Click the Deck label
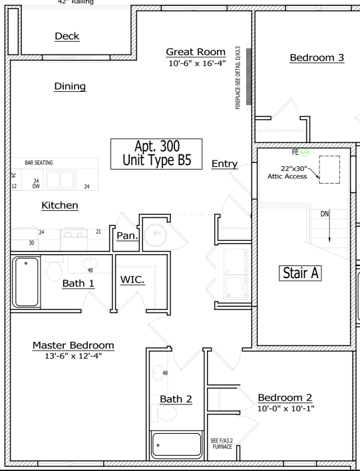(67, 36)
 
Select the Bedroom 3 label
(317, 57)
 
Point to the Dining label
(70, 86)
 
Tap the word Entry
(224, 164)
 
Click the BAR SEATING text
(39, 162)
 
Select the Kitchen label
(60, 206)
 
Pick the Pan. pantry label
(126, 235)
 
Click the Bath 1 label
(79, 284)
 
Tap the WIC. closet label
(132, 279)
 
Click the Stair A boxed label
(299, 272)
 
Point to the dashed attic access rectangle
(329, 169)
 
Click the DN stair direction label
(325, 214)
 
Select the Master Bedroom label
(73, 345)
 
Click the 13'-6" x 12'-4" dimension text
(73, 356)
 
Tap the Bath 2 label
(176, 399)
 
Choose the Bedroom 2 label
(285, 397)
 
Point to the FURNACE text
(222, 446)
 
